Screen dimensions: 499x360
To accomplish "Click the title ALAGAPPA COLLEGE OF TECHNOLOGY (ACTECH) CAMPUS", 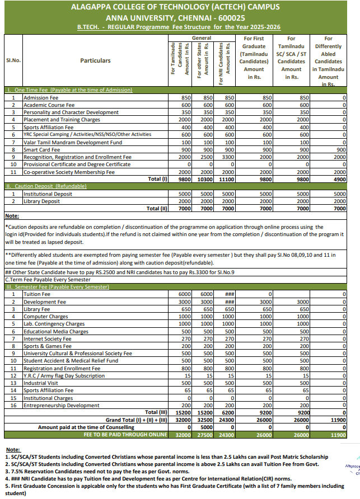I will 180,7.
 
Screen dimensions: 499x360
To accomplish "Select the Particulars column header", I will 95,60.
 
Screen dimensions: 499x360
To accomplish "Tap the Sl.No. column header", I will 13,60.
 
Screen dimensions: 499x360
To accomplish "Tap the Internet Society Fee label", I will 46,338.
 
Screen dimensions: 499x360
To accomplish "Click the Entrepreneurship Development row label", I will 61,405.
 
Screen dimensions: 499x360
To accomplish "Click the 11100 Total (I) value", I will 226,179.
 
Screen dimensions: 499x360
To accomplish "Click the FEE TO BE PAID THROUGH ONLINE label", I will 125,434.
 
